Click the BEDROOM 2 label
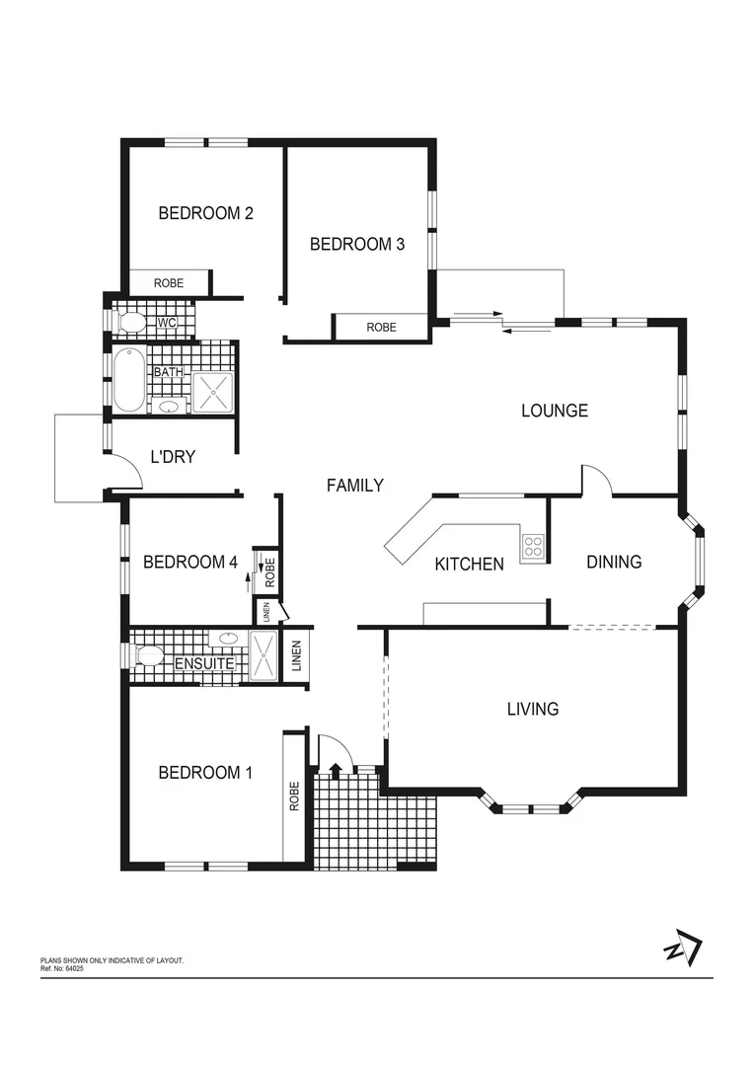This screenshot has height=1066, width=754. click(x=206, y=212)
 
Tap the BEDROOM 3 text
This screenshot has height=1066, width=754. click(x=357, y=244)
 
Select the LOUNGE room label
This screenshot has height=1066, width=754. click(x=555, y=411)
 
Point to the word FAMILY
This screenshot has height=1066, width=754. click(x=354, y=485)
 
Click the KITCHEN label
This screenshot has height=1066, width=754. click(x=470, y=564)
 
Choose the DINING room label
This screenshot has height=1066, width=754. click(x=614, y=562)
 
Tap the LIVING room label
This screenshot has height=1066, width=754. click(x=533, y=709)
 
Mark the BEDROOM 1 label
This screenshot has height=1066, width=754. click(x=205, y=772)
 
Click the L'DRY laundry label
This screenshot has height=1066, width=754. click(x=173, y=457)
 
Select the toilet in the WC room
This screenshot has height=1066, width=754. click(x=130, y=322)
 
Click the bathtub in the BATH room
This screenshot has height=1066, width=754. click(x=128, y=379)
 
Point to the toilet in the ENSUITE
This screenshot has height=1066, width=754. click(x=148, y=655)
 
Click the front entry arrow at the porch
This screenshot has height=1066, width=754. click(x=336, y=771)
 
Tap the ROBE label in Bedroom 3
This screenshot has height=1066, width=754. click(x=381, y=327)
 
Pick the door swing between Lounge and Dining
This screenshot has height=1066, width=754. click(x=598, y=481)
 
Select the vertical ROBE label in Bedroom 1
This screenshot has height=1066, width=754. click(x=294, y=797)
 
